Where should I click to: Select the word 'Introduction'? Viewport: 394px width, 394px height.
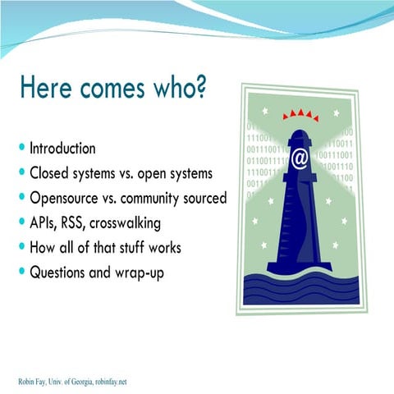point(62,149)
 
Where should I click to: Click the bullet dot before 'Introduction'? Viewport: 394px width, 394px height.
point(21,149)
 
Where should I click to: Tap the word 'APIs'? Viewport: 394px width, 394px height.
point(45,222)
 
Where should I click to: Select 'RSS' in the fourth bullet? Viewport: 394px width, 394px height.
point(81,222)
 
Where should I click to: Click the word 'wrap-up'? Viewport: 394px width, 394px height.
point(136,273)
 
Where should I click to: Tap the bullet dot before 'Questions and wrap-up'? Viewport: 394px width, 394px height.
point(21,272)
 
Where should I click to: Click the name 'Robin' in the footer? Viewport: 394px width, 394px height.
point(28,381)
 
